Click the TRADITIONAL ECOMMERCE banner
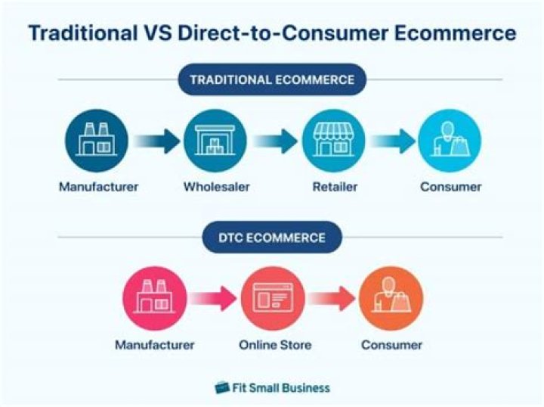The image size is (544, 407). [x=272, y=79]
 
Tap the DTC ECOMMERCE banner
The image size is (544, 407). [x=272, y=238]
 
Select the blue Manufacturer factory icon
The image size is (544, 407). [x=96, y=141]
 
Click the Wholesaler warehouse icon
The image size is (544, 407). [x=215, y=141]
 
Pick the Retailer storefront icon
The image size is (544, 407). [x=333, y=141]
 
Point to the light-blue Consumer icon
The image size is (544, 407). [x=450, y=141]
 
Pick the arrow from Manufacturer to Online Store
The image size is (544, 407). [x=214, y=298]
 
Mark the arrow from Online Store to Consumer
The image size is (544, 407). [x=332, y=298]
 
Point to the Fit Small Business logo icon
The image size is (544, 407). [x=222, y=387]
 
